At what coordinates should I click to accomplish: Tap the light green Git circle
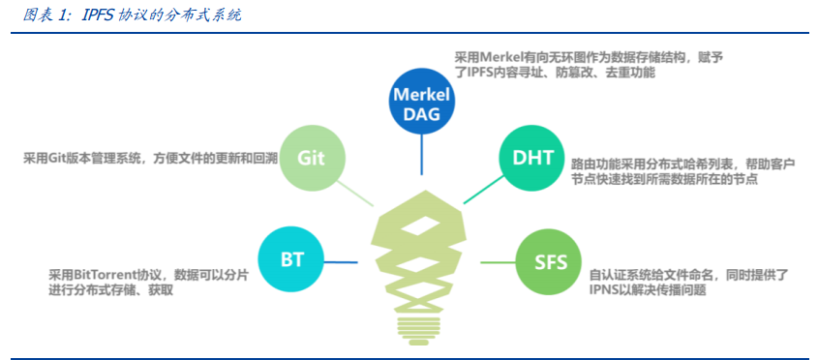pos(312,158)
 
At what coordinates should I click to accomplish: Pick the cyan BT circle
pos(292,260)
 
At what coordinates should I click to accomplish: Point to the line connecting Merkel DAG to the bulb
pos(422,155)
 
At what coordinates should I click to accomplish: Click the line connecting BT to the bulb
pos(343,261)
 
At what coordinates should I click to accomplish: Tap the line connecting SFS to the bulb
pos(498,261)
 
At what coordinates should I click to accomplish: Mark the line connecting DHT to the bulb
pos(480,192)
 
